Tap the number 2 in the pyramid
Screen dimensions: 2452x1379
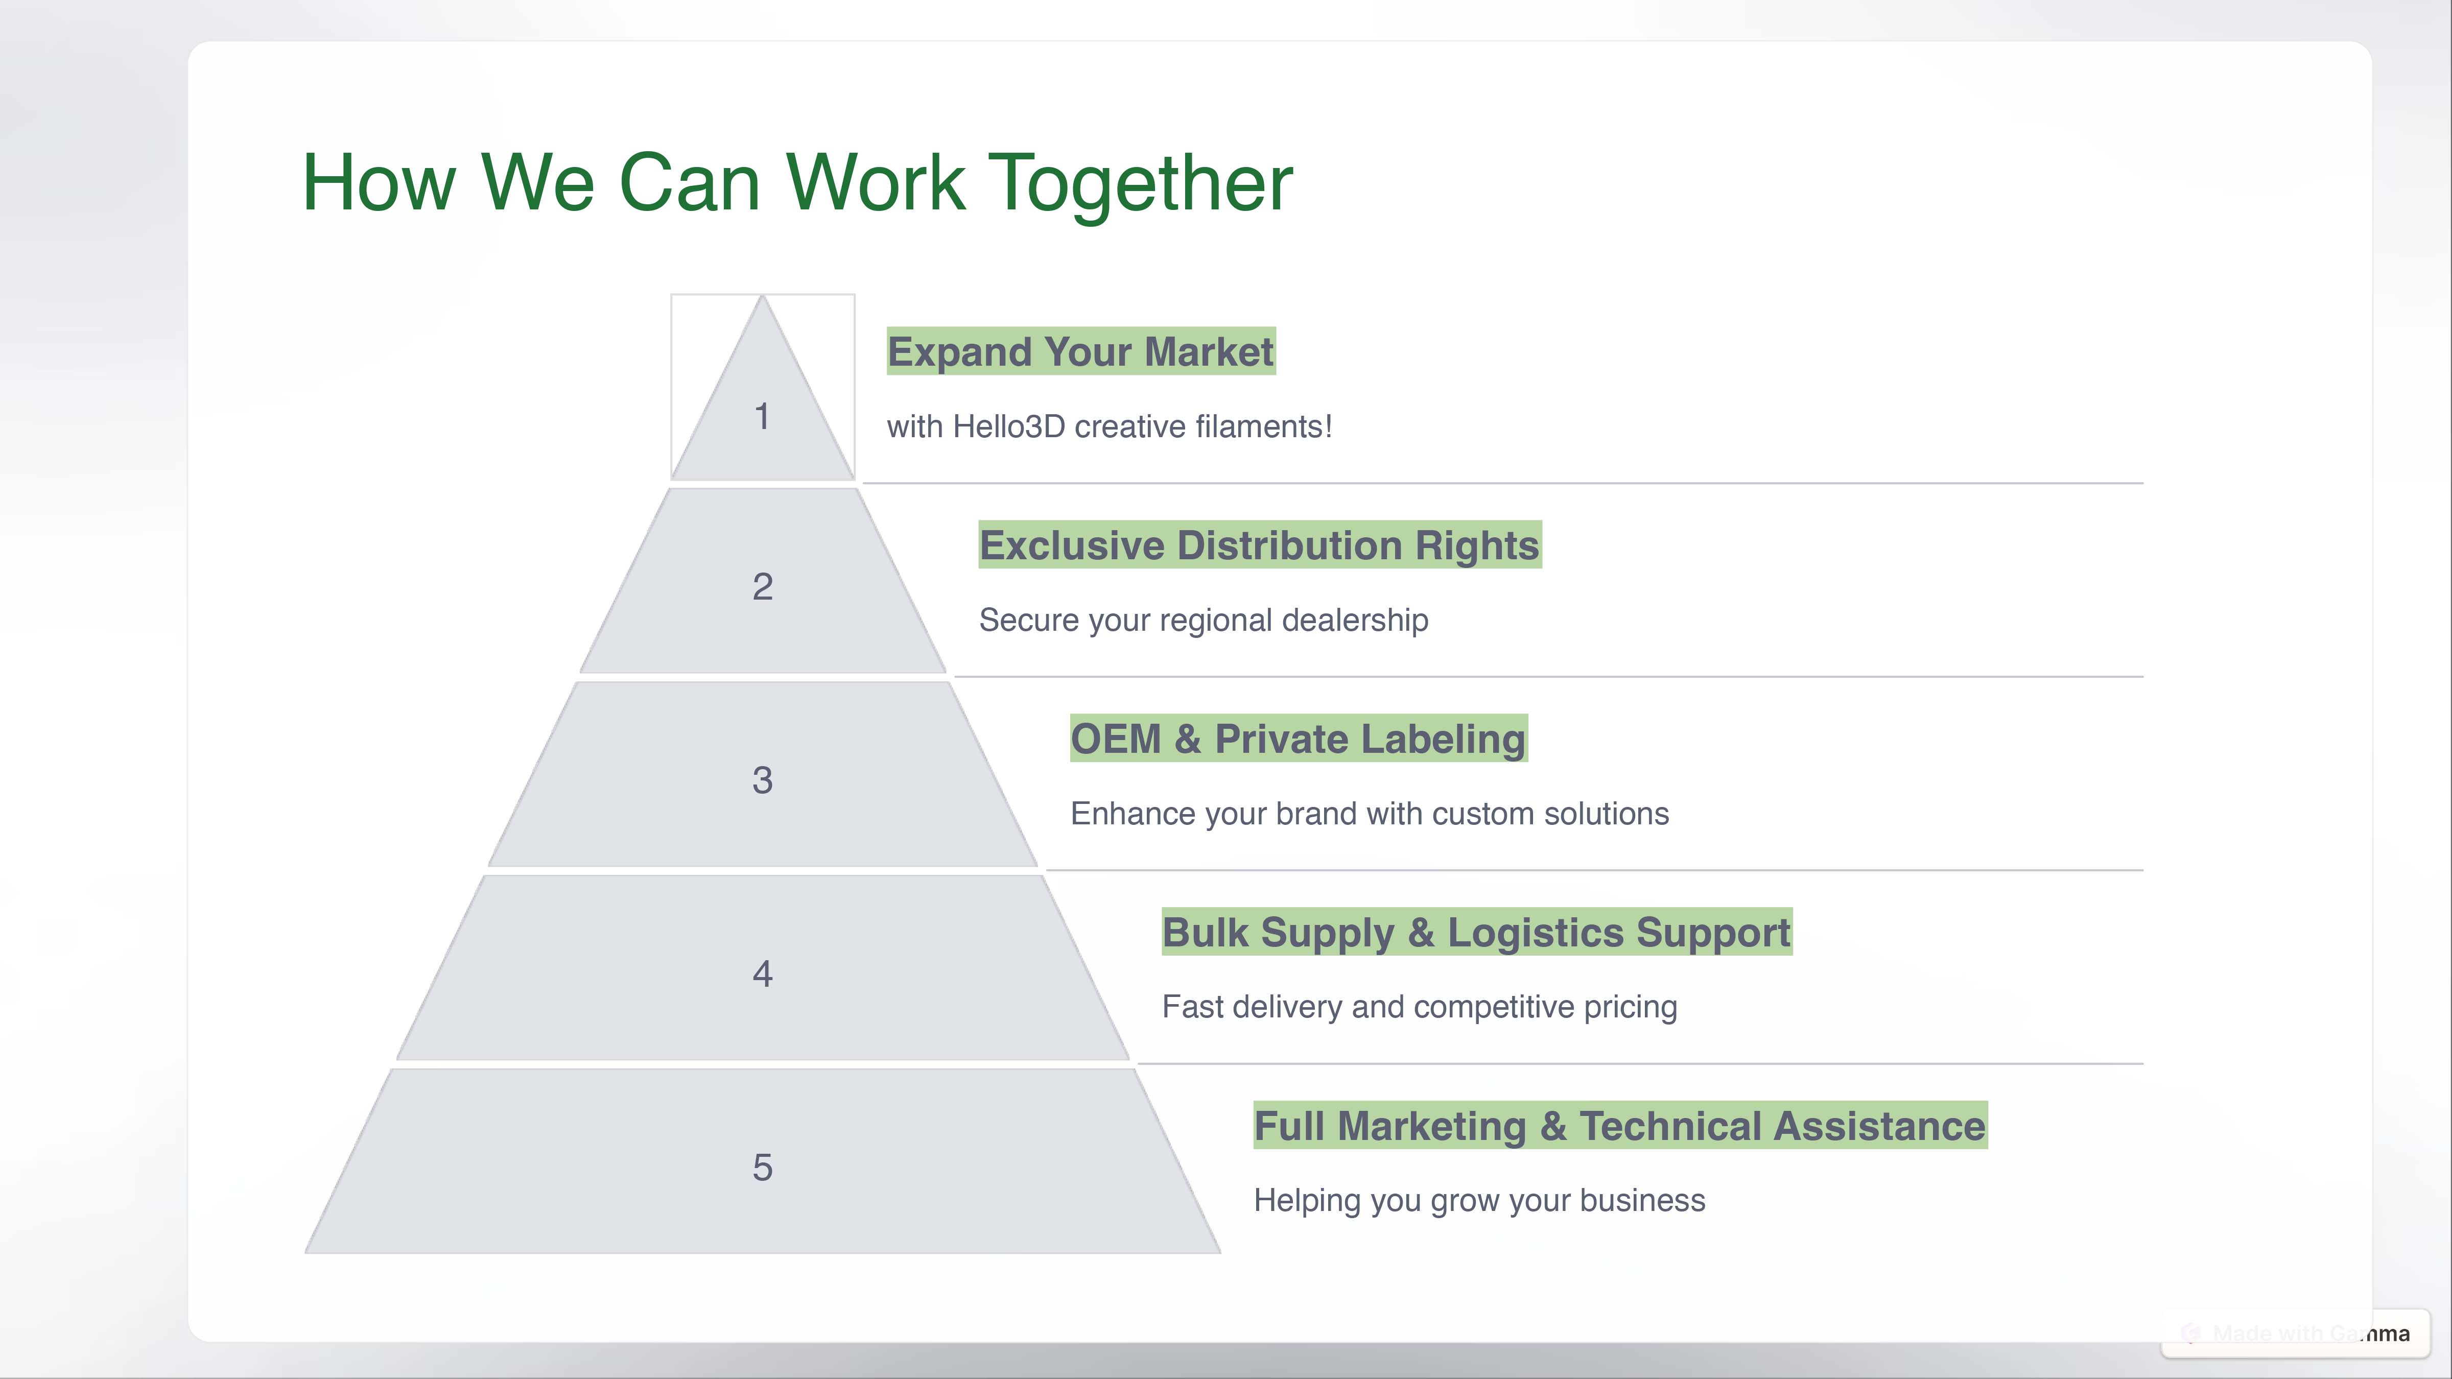click(763, 586)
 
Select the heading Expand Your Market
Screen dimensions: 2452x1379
click(1080, 351)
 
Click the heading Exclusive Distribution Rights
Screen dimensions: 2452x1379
click(1259, 545)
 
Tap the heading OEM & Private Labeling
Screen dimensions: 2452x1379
click(1299, 739)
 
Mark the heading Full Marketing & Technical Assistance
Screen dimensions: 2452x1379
click(1620, 1126)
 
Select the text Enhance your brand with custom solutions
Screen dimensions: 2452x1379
click(1370, 814)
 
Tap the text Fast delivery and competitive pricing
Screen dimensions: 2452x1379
click(1419, 1007)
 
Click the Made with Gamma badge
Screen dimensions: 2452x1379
click(2296, 1334)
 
